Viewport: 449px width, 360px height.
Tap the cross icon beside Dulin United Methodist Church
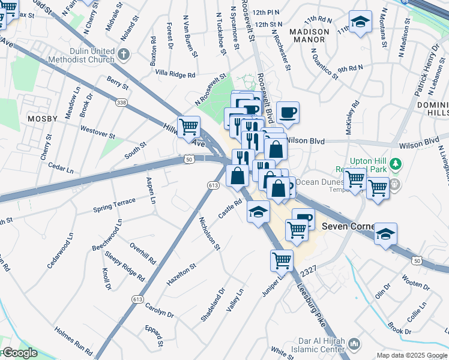click(x=124, y=55)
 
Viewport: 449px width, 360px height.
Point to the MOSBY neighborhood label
click(x=42, y=119)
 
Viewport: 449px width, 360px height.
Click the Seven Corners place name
click(x=348, y=226)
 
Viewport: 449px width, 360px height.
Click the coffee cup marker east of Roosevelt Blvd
click(x=288, y=113)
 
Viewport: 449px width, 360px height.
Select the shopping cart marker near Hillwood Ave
click(x=189, y=127)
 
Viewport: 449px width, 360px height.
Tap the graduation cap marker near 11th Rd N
click(x=360, y=22)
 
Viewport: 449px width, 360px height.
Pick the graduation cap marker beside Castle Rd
click(x=258, y=212)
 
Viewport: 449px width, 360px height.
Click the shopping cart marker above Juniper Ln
click(x=282, y=260)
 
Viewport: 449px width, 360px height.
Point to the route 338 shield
click(x=122, y=103)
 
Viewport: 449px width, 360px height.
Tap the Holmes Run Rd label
click(x=73, y=340)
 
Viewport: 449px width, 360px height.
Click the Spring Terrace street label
click(x=114, y=206)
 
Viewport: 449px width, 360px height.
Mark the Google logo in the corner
click(x=19, y=353)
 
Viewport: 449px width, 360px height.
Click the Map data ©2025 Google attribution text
click(x=411, y=355)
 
